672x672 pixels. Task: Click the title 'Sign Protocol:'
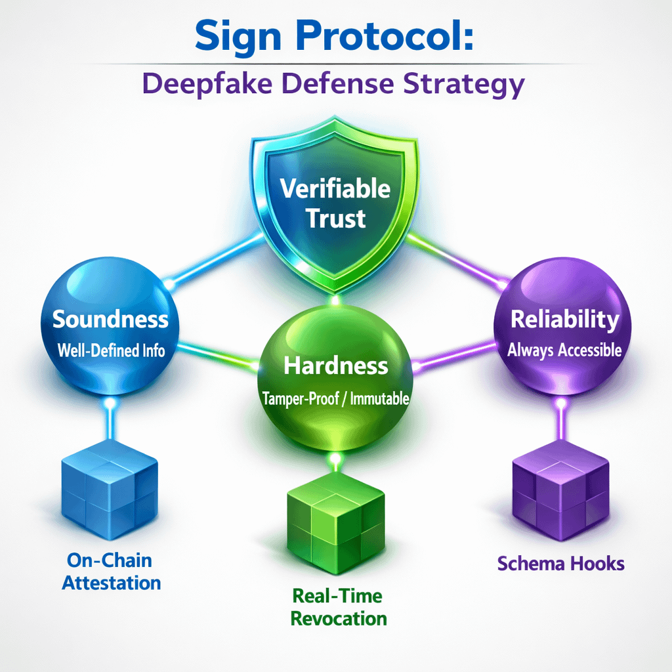[x=335, y=37]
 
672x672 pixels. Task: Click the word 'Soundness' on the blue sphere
[x=110, y=320]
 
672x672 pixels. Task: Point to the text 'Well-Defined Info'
[x=111, y=350]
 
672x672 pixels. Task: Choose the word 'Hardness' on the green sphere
[x=336, y=366]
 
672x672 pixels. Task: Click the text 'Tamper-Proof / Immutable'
[x=336, y=398]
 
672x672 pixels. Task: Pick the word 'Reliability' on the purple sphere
[x=564, y=320]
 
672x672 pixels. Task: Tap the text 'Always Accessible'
[x=564, y=350]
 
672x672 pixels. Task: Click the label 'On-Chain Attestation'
[x=111, y=571]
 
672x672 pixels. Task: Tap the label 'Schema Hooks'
[x=560, y=563]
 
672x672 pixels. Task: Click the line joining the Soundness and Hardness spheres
[x=217, y=354]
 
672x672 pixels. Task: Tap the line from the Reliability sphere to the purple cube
[x=562, y=427]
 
